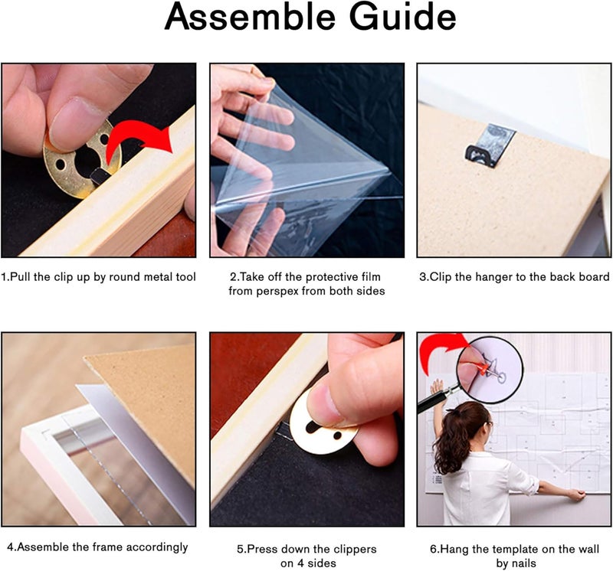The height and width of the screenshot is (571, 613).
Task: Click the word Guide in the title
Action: click(x=403, y=18)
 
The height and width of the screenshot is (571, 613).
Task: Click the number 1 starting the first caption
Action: click(x=4, y=277)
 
